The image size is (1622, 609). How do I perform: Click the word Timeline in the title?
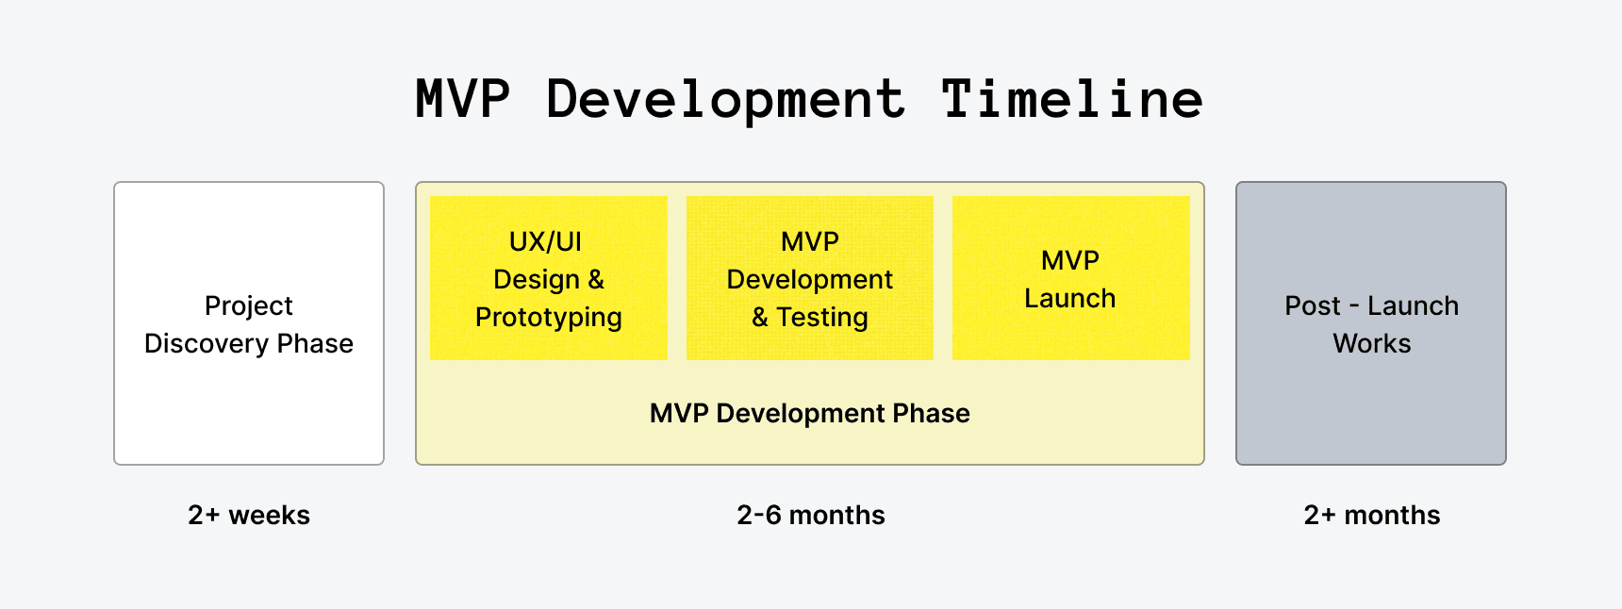point(1072,99)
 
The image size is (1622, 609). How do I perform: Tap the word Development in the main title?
point(726,99)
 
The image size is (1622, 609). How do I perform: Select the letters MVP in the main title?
point(463,99)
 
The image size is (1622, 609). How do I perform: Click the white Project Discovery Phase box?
point(249,405)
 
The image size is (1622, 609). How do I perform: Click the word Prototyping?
point(549,318)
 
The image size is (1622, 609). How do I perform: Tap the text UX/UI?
point(546,241)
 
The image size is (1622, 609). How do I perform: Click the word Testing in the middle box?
point(822,318)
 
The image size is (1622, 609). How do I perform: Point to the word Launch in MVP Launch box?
point(1070,299)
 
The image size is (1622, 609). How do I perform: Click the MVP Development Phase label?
point(809,413)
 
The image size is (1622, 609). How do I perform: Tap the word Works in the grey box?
point(1372,344)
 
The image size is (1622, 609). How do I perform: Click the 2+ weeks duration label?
point(249,515)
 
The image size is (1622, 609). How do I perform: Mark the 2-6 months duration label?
point(810,515)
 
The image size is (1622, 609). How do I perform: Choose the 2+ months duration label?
point(1372,515)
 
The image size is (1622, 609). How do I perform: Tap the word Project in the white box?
point(249,306)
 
